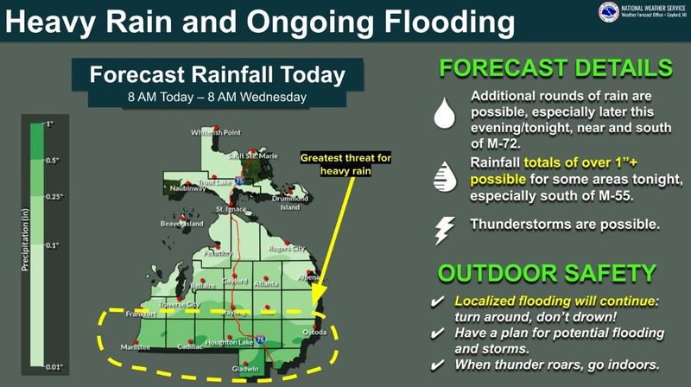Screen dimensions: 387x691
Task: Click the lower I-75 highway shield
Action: coord(260,343)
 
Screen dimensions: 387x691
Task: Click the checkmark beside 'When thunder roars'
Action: coord(440,365)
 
